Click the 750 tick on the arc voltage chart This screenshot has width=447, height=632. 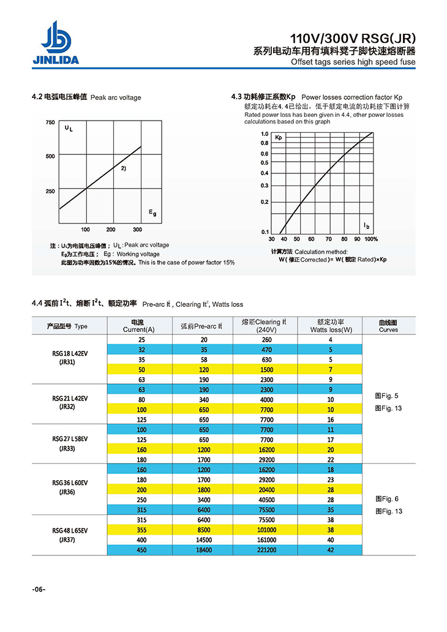[50, 122]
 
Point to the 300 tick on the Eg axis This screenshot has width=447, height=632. [137, 230]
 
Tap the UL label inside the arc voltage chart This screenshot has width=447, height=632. [68, 129]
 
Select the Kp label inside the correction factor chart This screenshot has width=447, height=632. [279, 138]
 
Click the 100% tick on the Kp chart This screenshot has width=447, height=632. [371, 239]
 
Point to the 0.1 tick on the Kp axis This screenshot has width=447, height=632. [265, 232]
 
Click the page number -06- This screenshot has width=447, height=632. [39, 589]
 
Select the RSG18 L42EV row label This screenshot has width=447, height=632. [70, 354]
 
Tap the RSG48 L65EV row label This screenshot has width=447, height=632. [70, 530]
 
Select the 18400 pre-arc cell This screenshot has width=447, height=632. [203, 551]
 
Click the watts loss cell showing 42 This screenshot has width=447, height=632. [331, 551]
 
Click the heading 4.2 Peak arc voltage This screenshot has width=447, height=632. [86, 97]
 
